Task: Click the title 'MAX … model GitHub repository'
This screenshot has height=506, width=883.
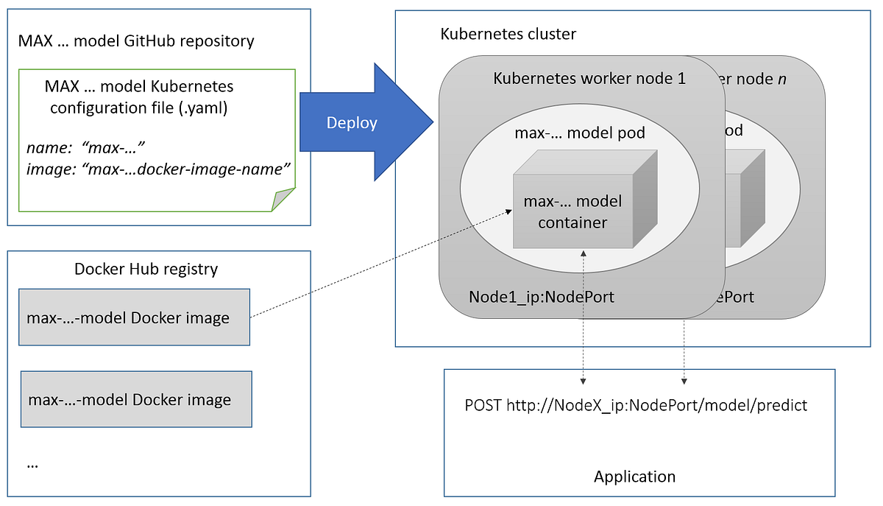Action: tap(136, 41)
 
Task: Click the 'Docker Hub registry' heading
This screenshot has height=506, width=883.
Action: tap(146, 269)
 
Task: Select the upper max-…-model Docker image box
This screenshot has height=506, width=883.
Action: tap(134, 317)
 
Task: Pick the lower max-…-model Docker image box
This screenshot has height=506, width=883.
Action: tap(136, 399)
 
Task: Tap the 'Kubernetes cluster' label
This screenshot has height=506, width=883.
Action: tap(508, 34)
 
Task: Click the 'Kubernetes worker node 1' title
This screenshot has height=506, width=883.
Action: tap(589, 78)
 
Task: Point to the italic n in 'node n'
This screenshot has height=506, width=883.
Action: tap(781, 78)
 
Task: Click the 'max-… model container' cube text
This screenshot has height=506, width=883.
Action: tap(572, 211)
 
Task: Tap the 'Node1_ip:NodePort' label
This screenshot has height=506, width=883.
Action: tap(541, 297)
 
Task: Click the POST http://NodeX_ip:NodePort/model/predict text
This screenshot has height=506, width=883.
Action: tap(636, 405)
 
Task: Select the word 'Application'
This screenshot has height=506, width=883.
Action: tap(634, 477)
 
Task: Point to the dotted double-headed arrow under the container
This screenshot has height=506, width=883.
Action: tap(583, 317)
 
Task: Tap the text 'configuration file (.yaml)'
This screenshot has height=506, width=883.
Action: tap(138, 108)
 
